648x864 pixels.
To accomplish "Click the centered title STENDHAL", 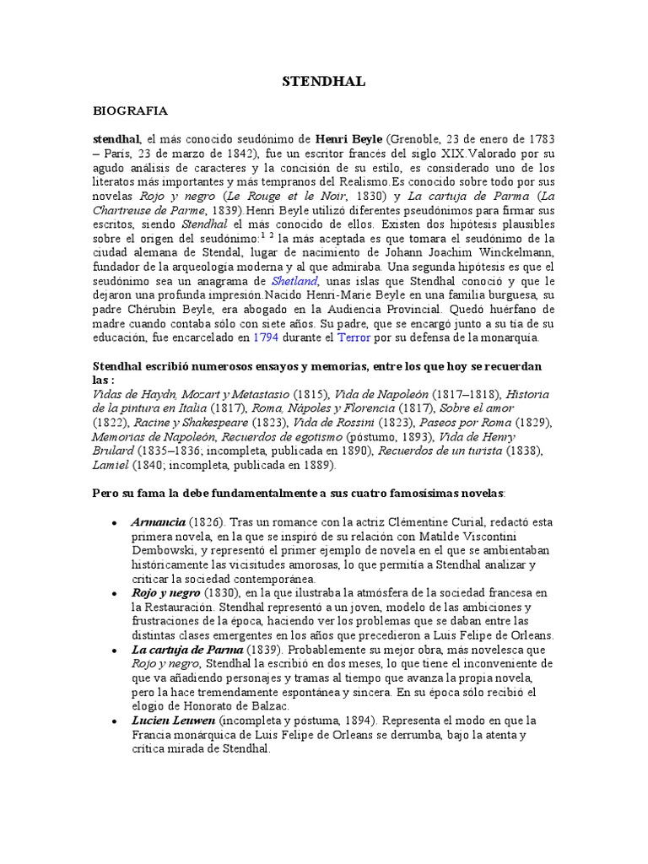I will click(x=323, y=81).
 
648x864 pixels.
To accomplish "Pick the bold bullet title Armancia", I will click(x=158, y=522).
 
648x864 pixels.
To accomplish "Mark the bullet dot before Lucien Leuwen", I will click(x=114, y=721).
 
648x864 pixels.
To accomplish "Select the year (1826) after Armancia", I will click(x=206, y=522).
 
